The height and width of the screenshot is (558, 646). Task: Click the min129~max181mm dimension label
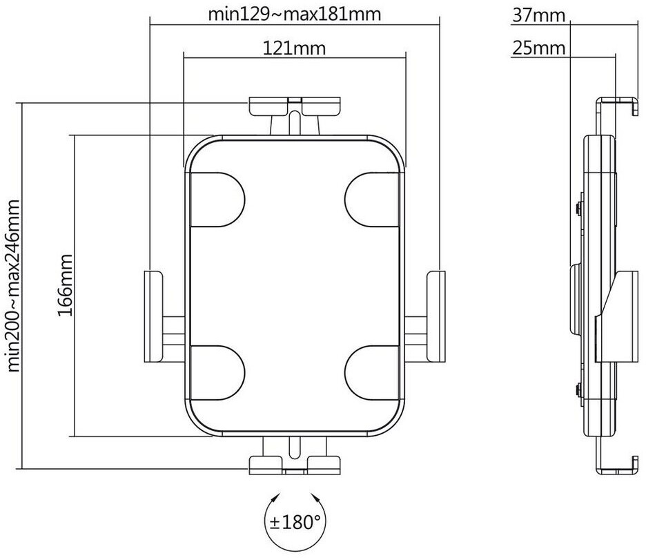[295, 13]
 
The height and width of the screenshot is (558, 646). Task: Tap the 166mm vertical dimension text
[66, 285]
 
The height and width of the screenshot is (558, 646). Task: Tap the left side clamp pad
[153, 316]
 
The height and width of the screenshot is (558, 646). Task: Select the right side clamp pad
[436, 316]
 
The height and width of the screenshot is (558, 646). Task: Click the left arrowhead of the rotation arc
[277, 497]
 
